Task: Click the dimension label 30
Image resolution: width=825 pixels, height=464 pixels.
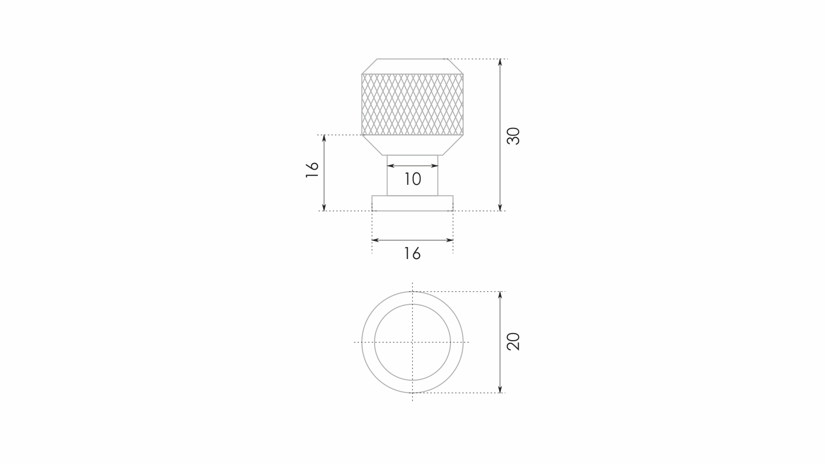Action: [x=513, y=136]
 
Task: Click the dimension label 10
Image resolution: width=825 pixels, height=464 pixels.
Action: [x=412, y=179]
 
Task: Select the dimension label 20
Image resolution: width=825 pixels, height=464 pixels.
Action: [x=513, y=341]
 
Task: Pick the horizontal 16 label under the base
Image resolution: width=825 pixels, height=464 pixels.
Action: [x=412, y=253]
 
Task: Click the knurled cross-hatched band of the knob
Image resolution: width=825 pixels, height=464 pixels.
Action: [x=412, y=105]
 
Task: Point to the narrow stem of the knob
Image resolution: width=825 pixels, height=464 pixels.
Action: [x=412, y=175]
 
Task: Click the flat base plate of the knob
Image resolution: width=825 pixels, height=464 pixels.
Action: [x=412, y=203]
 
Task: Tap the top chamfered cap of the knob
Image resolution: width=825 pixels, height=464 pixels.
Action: [x=412, y=66]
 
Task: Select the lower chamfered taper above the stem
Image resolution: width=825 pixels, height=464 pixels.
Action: [x=412, y=145]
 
